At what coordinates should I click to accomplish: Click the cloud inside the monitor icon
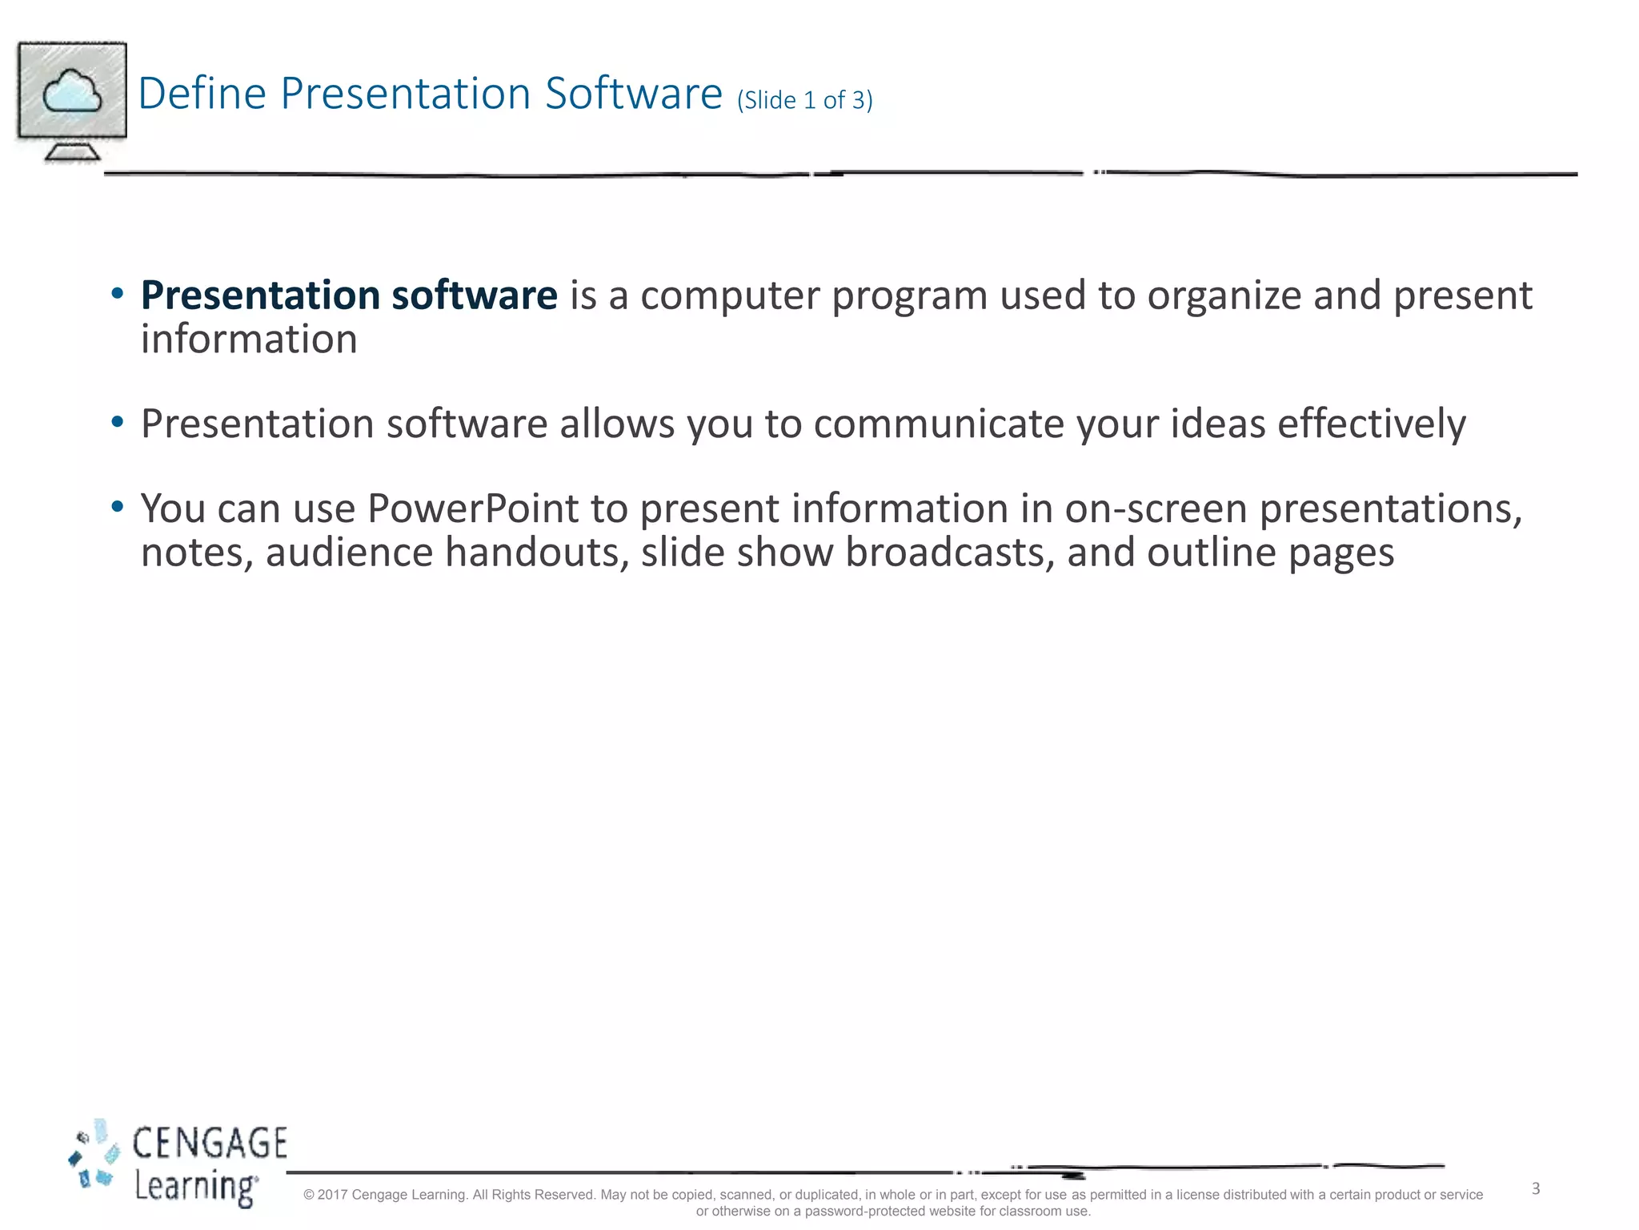(x=72, y=91)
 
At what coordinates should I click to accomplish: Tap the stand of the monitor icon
(x=72, y=151)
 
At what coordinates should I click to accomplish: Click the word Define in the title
(x=202, y=93)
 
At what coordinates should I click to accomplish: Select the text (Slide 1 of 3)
(x=804, y=100)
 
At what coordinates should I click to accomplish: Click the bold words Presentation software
(x=349, y=295)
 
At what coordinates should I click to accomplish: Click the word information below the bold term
(x=249, y=339)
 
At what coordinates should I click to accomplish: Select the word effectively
(x=1371, y=424)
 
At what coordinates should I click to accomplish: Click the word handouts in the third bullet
(x=537, y=553)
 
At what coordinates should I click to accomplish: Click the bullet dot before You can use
(x=118, y=506)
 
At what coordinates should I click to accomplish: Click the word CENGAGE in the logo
(x=210, y=1143)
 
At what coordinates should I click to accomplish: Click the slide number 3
(x=1536, y=1188)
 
